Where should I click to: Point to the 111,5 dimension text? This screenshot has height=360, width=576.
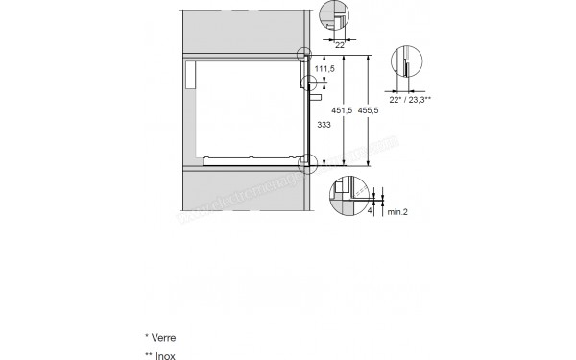pos(327,69)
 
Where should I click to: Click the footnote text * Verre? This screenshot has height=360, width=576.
pos(160,338)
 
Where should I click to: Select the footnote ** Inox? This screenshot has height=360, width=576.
pos(160,354)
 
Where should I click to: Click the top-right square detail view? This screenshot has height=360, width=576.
pos(332,18)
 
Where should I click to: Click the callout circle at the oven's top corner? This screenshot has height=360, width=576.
pos(305,55)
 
